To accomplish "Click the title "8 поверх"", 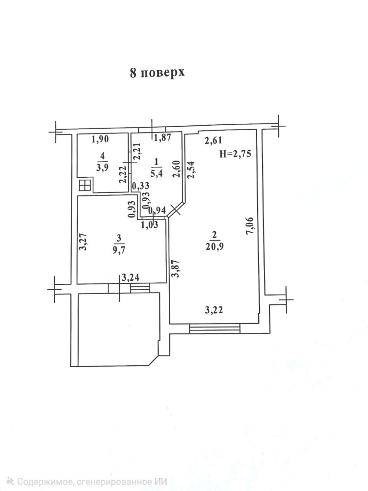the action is pos(157,73).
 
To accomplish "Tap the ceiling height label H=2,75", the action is pos(235,154).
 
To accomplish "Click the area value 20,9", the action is pos(214,246).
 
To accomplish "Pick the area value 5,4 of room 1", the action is pos(157,173).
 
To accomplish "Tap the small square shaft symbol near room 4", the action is pos(85,186).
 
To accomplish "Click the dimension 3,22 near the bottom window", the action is pos(214,310).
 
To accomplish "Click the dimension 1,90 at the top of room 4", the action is pos(101,139).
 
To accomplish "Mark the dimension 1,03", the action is pos(150,224).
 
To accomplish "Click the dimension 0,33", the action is pos(140,186).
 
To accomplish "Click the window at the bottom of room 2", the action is pos(215,328).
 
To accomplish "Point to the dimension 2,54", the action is pos(190,170).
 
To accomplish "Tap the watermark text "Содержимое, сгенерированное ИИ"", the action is pos(92,481).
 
